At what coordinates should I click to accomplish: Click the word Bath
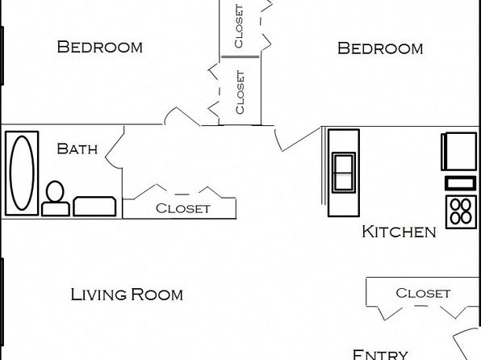coord(77,149)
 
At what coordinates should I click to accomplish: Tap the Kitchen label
coord(399,232)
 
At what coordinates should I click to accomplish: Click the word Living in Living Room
coord(98,295)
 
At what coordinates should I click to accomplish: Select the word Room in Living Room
coord(157,295)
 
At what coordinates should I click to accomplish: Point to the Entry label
coord(380,355)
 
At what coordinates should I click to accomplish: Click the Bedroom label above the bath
coord(100,47)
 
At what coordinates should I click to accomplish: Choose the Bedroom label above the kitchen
coord(380,48)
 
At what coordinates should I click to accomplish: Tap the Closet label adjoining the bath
coord(183,208)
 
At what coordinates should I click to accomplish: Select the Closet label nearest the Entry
coord(423,293)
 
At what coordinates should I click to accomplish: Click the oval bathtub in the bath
coord(22,173)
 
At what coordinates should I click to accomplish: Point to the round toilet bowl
coord(55,191)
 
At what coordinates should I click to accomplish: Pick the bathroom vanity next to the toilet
coord(94,207)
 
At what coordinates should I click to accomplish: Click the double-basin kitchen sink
coord(344,173)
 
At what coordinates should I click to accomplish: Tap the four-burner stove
coord(461,211)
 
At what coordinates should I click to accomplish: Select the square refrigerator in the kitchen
coord(459,151)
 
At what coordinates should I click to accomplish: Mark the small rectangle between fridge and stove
coord(461,183)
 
